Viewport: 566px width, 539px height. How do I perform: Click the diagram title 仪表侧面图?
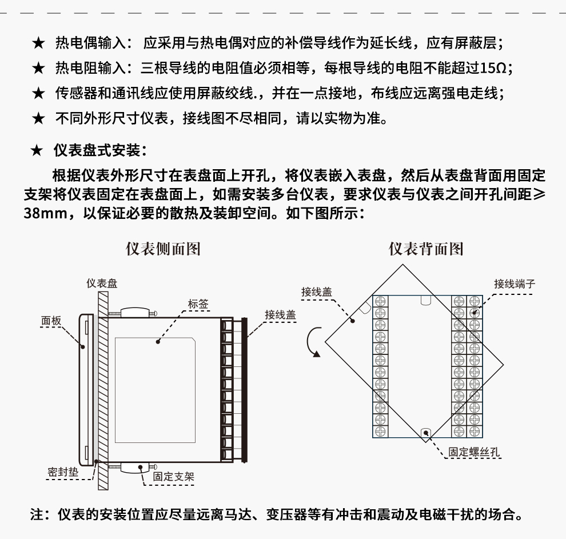click(163, 249)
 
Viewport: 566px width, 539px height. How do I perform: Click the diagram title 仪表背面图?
click(426, 249)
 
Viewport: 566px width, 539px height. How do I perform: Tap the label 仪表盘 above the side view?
click(102, 284)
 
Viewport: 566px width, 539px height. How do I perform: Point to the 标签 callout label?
click(198, 304)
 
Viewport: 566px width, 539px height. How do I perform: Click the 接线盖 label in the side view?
click(280, 315)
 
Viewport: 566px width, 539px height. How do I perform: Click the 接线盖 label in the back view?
click(317, 292)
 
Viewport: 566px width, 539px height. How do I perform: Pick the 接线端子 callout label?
click(515, 284)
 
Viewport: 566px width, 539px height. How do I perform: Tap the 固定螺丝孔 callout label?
click(474, 451)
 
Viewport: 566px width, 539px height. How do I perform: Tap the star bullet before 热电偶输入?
click(38, 43)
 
